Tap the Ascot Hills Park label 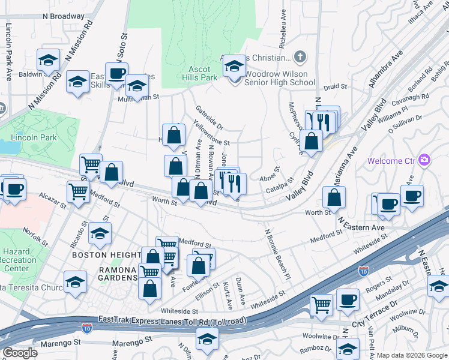coord(199,73)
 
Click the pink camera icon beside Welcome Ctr coord(424,160)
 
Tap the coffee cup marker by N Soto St coord(117,74)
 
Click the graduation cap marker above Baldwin coord(48,60)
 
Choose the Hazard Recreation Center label coord(18,260)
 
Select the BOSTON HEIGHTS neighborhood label coord(106,255)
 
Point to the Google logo coord(20,353)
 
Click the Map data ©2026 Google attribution coord(411,355)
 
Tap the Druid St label coord(336,87)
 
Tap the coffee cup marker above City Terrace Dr coord(348,300)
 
